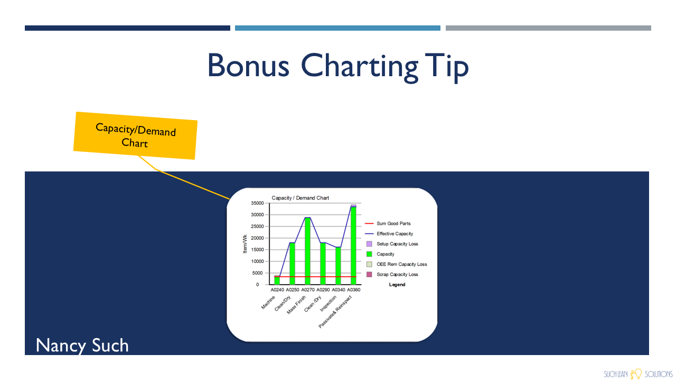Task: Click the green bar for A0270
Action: [307, 251]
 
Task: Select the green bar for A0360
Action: [353, 246]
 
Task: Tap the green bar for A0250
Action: [292, 264]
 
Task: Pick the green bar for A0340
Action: [338, 266]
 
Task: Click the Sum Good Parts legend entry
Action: [388, 223]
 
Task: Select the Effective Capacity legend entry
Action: [389, 234]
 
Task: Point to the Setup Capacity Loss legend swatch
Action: [369, 244]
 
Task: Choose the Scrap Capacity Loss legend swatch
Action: [369, 275]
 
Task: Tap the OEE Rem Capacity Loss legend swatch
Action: [369, 264]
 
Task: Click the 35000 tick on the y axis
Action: [257, 203]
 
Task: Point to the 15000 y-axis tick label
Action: [257, 250]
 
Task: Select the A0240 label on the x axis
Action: [277, 289]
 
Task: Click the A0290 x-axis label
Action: [323, 289]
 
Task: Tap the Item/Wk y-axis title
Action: [245, 244]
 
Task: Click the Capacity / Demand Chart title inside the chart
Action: [301, 198]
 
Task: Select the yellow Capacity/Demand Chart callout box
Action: [136, 136]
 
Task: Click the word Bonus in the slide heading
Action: [248, 66]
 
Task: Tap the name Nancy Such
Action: [82, 346]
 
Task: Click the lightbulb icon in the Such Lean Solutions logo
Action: [636, 374]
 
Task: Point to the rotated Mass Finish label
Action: [296, 305]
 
